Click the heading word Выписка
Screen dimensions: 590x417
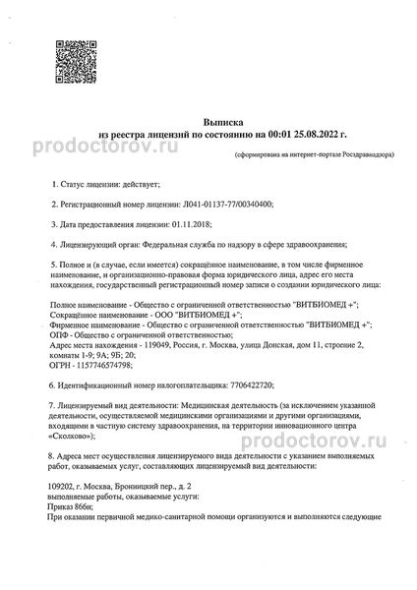click(208, 114)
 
